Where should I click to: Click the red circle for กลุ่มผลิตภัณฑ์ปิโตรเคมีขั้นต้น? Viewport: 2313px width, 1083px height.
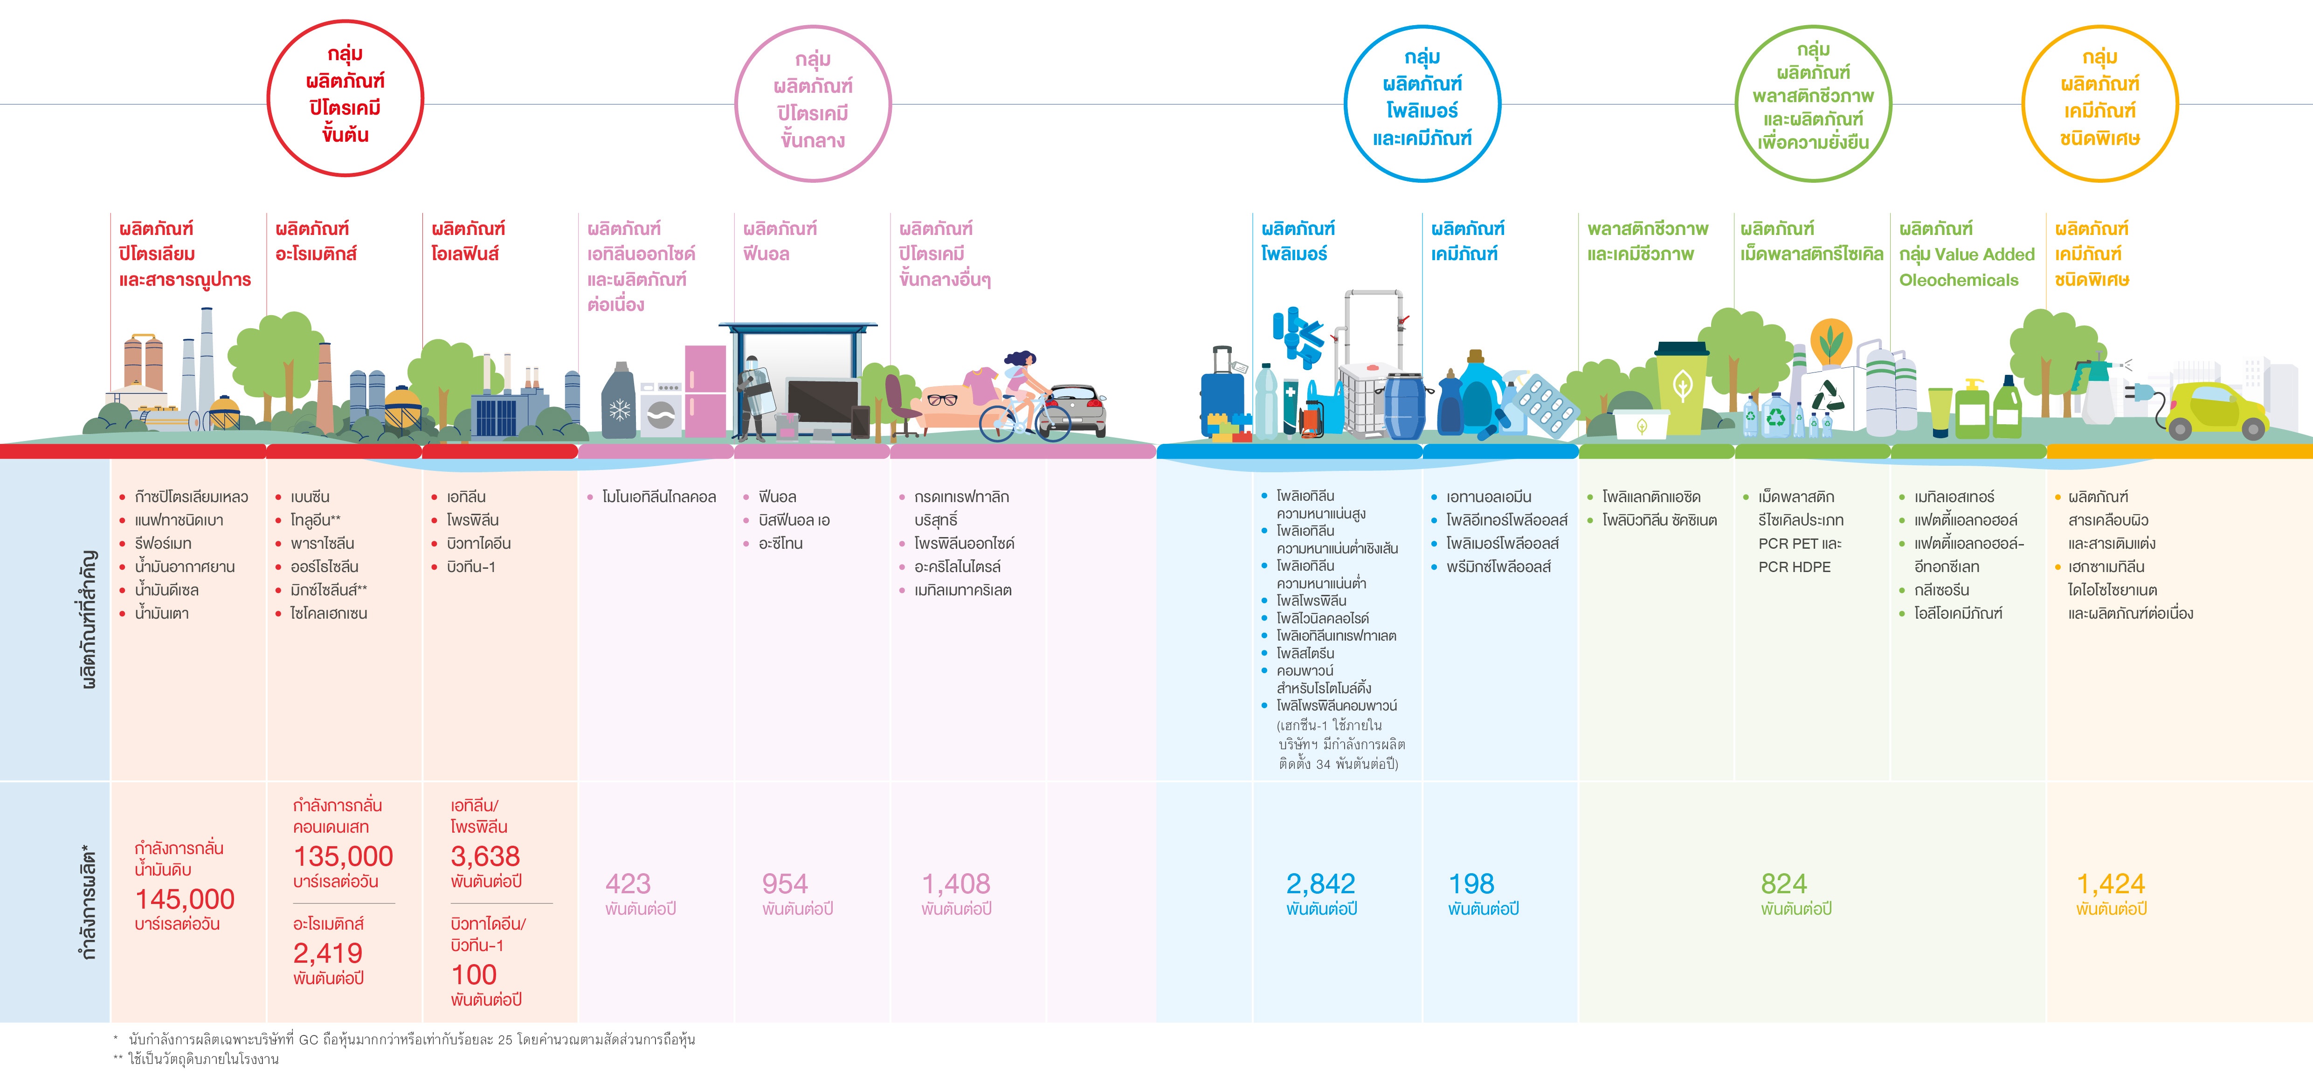coord(345,24)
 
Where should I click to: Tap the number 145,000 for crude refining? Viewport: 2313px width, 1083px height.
coord(185,899)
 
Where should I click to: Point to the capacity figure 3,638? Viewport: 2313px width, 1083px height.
coord(485,856)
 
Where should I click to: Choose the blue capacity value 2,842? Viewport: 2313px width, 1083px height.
coord(1321,883)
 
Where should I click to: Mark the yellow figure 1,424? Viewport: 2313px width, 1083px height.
coord(2111,883)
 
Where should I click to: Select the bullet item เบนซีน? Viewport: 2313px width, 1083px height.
coord(310,497)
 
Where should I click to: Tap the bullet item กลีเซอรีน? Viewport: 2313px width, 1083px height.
coord(1941,590)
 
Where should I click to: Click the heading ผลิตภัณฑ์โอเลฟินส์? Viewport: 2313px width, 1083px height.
coord(468,241)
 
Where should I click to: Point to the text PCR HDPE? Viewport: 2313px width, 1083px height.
coord(1794,566)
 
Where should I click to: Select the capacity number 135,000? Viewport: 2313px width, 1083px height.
coord(343,856)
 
